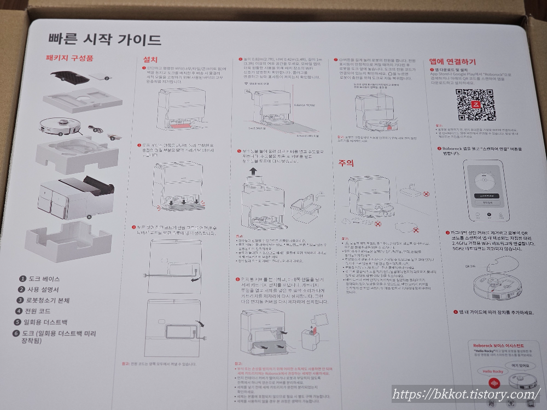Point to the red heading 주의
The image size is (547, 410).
pos(346,163)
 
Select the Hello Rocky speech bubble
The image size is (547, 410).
pos(490,372)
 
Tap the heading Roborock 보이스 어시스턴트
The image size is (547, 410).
pos(498,345)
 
